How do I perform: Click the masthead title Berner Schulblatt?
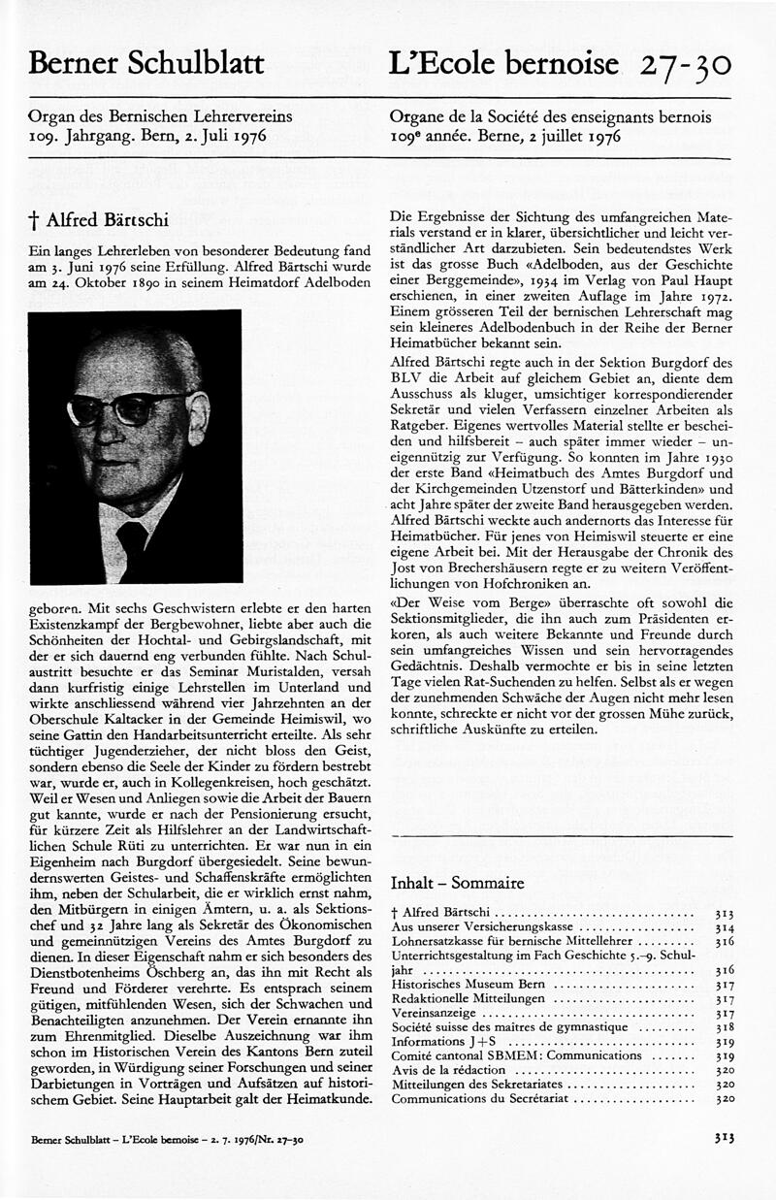coord(146,64)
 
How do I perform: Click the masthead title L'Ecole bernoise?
coord(503,64)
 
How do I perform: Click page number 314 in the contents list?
coord(723,927)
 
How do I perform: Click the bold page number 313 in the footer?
coord(723,1137)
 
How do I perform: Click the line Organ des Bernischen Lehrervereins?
coord(161,116)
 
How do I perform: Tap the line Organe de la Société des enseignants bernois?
coord(550,116)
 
